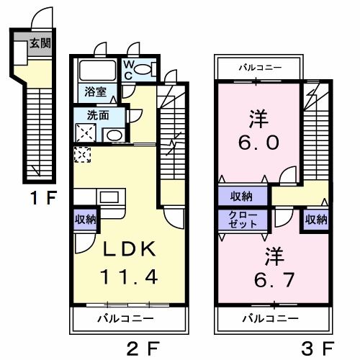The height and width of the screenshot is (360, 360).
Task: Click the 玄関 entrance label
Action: point(40,43)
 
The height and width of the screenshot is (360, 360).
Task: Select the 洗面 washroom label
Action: point(96,114)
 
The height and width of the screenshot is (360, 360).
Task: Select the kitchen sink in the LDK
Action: point(109,197)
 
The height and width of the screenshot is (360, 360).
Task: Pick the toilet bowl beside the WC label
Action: point(144,69)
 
